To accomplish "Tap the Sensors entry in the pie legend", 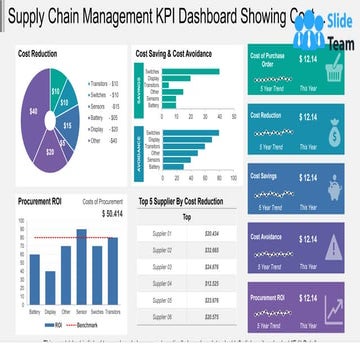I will tap(101, 104).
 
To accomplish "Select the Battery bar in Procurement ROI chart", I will tap(35, 276).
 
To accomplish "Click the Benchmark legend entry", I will tap(81, 325).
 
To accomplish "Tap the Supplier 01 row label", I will tap(161, 232).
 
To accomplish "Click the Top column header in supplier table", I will tap(186, 216).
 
